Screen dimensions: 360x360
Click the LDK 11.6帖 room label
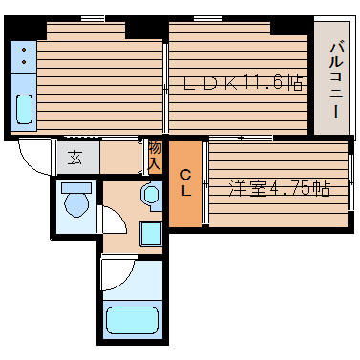[244, 84]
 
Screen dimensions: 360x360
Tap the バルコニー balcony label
[336, 79]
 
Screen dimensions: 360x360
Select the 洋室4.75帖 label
[279, 189]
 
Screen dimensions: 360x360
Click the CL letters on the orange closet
[186, 182]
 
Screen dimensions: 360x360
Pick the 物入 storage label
[154, 158]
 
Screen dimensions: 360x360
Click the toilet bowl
[74, 203]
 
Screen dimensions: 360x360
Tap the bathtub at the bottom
[131, 321]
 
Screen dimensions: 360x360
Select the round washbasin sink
[150, 195]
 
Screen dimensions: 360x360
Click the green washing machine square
[151, 233]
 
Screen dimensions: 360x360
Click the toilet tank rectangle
[74, 187]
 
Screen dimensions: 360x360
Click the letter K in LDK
[228, 84]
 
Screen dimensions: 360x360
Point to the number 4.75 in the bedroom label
[293, 189]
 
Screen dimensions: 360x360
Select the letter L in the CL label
[186, 190]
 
